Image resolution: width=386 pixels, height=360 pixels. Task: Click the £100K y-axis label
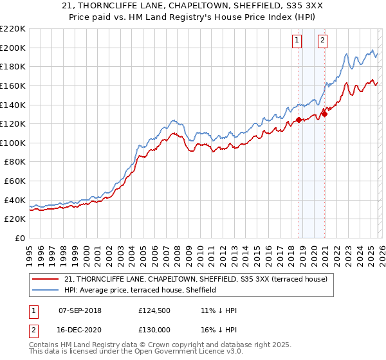click(x=13, y=143)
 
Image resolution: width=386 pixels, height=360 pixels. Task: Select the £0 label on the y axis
click(x=19, y=238)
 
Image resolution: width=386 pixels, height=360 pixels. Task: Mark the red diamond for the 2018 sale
click(x=299, y=120)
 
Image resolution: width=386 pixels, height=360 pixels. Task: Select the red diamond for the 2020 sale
click(x=325, y=114)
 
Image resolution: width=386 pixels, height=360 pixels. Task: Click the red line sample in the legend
click(x=46, y=279)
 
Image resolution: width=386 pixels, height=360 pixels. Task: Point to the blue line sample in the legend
click(x=46, y=290)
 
